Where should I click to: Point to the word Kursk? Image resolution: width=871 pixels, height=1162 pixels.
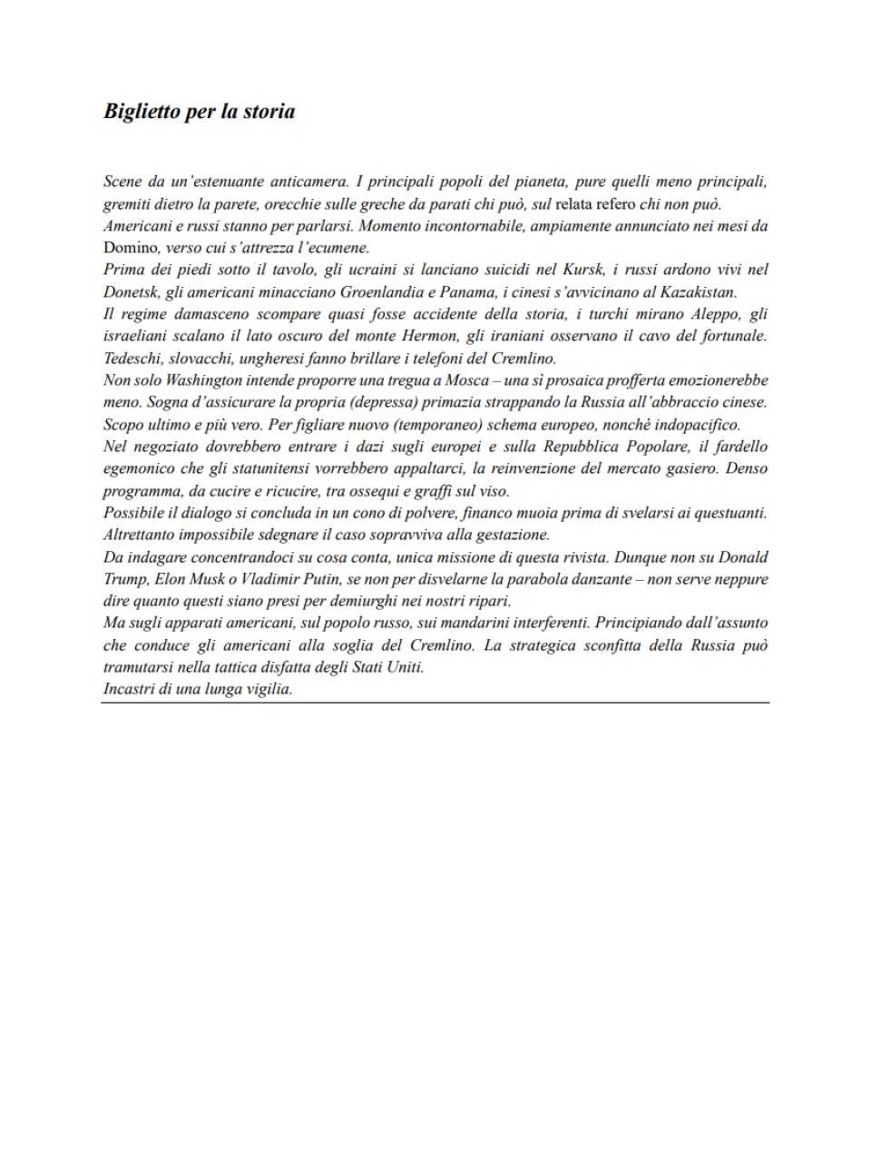click(582, 270)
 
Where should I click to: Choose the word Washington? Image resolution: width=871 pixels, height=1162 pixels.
click(204, 380)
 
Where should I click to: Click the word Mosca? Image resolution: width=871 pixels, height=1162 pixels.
click(467, 380)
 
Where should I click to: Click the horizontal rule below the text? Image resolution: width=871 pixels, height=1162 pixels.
click(435, 703)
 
